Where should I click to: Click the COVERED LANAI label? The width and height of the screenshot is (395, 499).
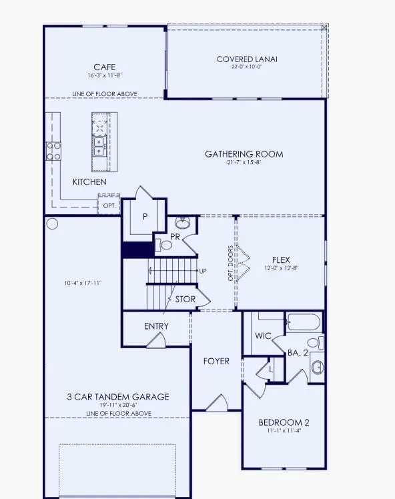coord(247,59)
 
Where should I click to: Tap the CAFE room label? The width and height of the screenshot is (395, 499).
coord(104,67)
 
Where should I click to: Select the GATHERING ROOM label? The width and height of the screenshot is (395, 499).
coord(244,154)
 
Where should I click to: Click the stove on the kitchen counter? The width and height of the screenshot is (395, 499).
coord(53,151)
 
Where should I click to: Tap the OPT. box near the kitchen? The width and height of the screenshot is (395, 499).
coord(109,206)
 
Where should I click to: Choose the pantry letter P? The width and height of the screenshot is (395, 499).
coord(144,217)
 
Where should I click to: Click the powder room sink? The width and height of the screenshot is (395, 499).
coord(182,223)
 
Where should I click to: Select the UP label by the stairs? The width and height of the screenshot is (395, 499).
coord(202,272)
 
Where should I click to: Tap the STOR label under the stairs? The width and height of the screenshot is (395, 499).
coord(185,300)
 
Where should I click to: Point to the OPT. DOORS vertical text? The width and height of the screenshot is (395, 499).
coord(231,263)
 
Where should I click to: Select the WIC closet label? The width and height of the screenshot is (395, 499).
coord(263,336)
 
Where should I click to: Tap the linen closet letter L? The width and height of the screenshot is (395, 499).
coord(271,368)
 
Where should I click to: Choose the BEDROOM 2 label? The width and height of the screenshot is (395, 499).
coord(284,422)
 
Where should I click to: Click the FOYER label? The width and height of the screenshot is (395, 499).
coord(216,361)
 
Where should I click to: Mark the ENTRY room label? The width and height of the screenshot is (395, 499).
coord(156,326)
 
